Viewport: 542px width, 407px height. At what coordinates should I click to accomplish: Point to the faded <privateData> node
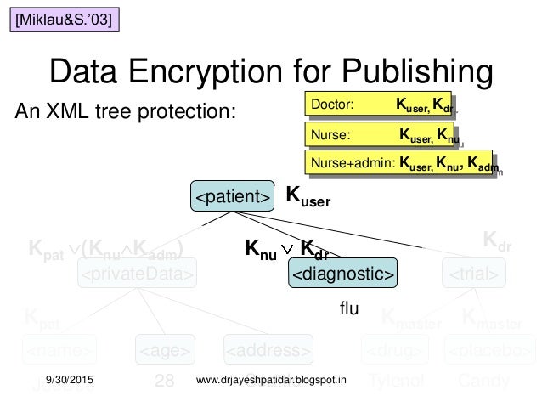[138, 274]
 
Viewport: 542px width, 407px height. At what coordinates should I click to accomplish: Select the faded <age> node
[165, 349]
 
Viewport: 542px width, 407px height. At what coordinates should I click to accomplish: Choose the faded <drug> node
[395, 349]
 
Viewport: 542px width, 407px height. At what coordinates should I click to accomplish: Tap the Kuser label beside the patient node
[308, 198]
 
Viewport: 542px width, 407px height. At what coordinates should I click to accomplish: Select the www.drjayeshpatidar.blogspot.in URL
[277, 378]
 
